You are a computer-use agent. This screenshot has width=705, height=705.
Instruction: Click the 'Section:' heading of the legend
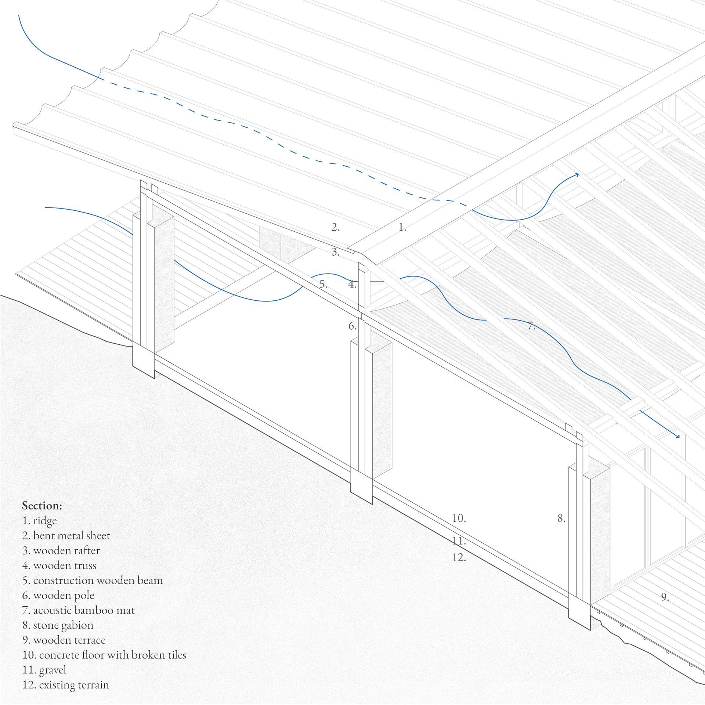click(x=42, y=506)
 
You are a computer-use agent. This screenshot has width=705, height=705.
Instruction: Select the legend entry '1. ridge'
click(x=40, y=521)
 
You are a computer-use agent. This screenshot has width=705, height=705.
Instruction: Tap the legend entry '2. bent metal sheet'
click(x=66, y=536)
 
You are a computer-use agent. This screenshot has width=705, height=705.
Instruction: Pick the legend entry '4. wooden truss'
click(x=59, y=565)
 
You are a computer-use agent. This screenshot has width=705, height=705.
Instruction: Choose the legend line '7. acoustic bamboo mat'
click(x=78, y=610)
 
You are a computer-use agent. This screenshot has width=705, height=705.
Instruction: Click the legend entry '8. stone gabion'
click(x=58, y=625)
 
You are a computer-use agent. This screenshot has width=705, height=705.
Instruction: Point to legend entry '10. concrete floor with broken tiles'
click(x=104, y=655)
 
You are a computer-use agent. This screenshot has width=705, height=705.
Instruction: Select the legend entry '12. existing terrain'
click(x=66, y=685)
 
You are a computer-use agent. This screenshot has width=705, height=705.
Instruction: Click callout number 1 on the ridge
click(x=402, y=228)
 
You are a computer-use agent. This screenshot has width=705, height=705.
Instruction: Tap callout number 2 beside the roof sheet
click(x=335, y=228)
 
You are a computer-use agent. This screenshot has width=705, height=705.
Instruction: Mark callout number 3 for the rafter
click(x=335, y=252)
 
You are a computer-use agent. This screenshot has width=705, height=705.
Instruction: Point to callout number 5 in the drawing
click(x=323, y=284)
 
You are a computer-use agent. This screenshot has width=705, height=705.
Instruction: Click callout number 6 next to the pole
click(x=352, y=326)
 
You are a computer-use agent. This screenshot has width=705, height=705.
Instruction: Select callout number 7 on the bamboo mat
click(x=531, y=326)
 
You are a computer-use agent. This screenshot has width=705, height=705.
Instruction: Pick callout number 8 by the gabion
click(x=561, y=518)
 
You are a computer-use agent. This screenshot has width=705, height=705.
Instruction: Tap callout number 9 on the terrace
click(x=665, y=597)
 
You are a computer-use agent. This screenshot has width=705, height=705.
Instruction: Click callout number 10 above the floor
click(x=459, y=518)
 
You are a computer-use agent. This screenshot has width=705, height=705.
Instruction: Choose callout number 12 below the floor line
click(x=459, y=557)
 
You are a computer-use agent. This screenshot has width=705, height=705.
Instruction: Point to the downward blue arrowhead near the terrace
click(x=678, y=436)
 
